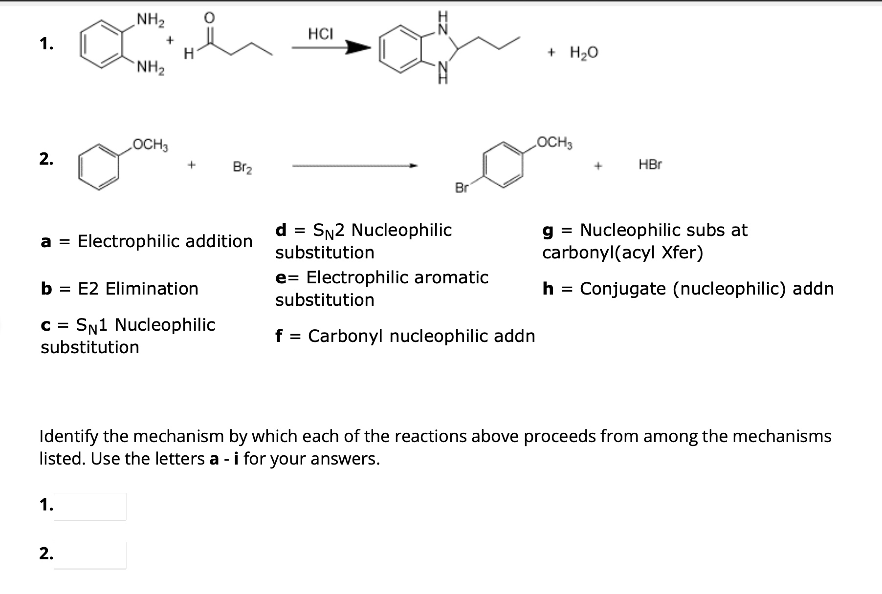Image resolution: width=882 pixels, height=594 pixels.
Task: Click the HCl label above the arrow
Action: click(x=320, y=34)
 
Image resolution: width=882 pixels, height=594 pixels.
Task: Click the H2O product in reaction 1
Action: click(x=584, y=53)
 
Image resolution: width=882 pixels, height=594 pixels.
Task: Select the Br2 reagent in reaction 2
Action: click(x=243, y=168)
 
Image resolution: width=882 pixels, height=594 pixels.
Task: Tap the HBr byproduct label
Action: click(x=650, y=165)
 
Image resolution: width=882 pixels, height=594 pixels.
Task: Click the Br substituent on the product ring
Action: click(x=462, y=188)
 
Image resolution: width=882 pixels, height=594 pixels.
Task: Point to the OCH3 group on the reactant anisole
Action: click(x=151, y=145)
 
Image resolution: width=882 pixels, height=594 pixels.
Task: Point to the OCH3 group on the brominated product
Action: click(x=555, y=143)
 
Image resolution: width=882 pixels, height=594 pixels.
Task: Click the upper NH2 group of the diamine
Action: click(x=151, y=20)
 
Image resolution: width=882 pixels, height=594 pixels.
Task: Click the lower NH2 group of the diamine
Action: click(x=151, y=67)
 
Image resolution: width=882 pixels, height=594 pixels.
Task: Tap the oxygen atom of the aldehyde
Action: click(x=209, y=18)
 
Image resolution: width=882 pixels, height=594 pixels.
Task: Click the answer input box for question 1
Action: click(x=90, y=507)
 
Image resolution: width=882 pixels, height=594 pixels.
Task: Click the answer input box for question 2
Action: click(x=90, y=555)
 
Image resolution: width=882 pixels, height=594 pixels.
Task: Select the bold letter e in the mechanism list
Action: click(x=281, y=278)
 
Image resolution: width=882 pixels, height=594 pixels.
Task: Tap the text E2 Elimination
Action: click(x=138, y=289)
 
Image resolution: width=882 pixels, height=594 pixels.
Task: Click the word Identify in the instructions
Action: click(x=68, y=436)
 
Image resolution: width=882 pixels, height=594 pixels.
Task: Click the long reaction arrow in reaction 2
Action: click(x=354, y=167)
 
